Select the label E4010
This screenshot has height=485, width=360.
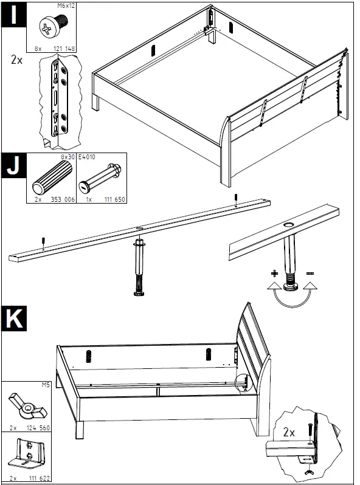[86, 157]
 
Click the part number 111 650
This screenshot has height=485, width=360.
[114, 199]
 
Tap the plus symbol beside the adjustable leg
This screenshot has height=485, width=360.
[274, 273]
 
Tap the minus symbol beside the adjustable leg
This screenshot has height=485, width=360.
[310, 273]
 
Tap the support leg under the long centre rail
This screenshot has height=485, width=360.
[137, 267]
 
